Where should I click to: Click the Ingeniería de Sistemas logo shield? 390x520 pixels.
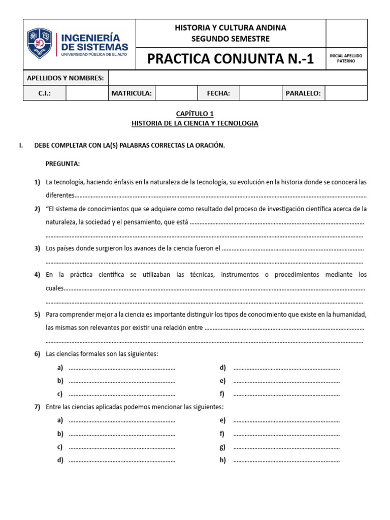(40, 44)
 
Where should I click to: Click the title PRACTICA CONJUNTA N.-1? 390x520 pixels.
(231, 59)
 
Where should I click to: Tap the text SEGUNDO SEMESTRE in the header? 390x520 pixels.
(231, 39)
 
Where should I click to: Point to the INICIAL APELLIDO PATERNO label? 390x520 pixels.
(346, 58)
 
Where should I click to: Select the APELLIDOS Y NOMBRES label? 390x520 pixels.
(66, 78)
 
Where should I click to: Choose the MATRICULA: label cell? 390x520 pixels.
(132, 93)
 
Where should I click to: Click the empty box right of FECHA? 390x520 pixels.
(261, 93)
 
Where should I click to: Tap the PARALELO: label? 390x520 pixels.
(303, 93)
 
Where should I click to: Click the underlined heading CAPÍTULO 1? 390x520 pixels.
(194, 114)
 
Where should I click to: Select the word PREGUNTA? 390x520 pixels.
(62, 164)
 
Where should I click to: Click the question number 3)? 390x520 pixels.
(37, 248)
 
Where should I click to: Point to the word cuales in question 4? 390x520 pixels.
(55, 288)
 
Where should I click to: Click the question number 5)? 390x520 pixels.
(37, 315)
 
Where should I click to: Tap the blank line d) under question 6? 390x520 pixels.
(286, 368)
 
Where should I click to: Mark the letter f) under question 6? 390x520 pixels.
(222, 394)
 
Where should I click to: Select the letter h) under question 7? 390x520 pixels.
(222, 460)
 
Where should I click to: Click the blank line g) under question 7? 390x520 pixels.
(286, 447)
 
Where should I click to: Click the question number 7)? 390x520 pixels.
(37, 407)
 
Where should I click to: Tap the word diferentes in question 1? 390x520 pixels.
(60, 196)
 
